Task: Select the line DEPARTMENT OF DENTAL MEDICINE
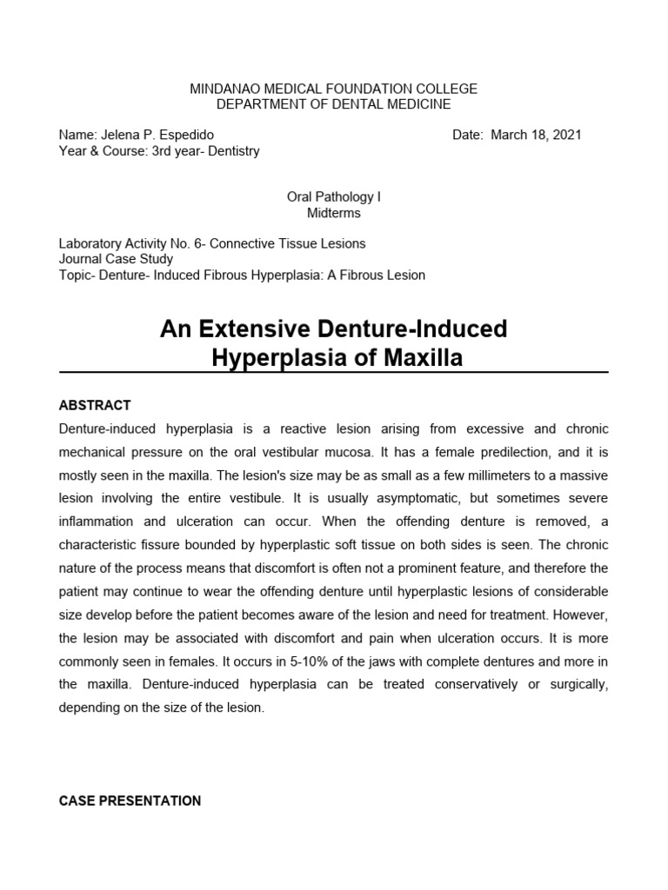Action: pos(333,104)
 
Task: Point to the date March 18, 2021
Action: pos(536,135)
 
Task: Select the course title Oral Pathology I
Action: pos(333,197)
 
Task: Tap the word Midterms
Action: pos(333,213)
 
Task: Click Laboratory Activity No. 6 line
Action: pos(211,243)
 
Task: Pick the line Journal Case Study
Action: pos(116,259)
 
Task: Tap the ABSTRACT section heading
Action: pos(94,405)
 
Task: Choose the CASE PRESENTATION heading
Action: pos(129,800)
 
